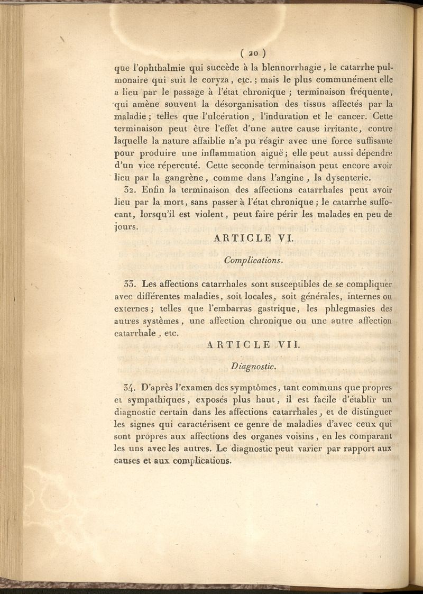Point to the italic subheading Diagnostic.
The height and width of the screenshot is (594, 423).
(x=254, y=365)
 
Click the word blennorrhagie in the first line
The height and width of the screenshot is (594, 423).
(x=292, y=67)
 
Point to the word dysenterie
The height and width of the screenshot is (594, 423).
(x=348, y=178)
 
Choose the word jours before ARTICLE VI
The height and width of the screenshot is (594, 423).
(x=125, y=227)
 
